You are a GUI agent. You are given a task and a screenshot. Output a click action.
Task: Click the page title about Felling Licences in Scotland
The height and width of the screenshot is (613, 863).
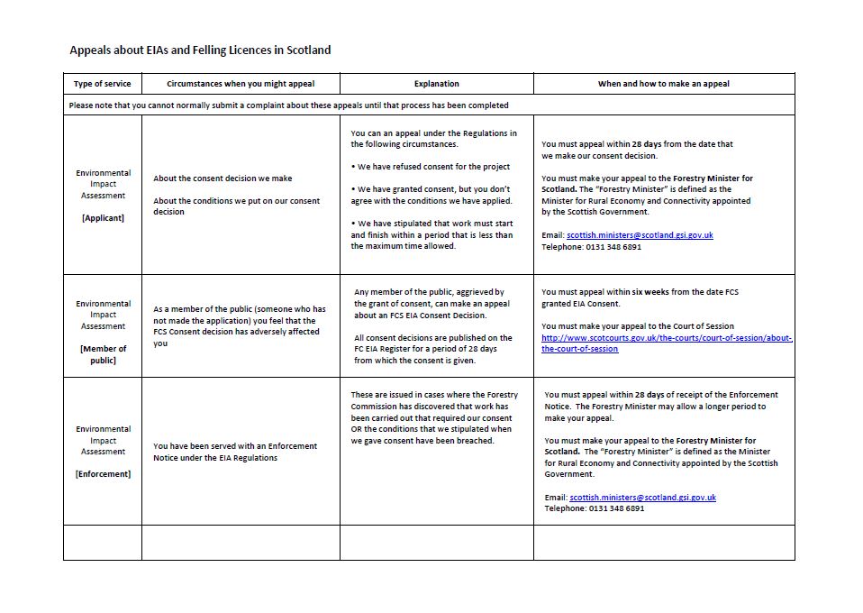tap(200, 50)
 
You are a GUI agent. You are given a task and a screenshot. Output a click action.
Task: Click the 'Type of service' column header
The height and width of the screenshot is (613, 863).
tap(102, 84)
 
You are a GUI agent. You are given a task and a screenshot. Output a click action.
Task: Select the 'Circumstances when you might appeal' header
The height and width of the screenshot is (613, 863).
tap(241, 84)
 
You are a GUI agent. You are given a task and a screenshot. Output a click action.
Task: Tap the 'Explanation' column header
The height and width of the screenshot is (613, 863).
tap(436, 84)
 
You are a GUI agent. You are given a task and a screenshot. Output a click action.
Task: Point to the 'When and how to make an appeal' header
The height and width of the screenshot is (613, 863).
tap(663, 84)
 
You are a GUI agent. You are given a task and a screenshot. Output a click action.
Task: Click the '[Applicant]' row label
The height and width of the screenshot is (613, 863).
tap(103, 218)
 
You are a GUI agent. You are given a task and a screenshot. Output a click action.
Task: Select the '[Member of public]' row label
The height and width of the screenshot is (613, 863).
tap(103, 354)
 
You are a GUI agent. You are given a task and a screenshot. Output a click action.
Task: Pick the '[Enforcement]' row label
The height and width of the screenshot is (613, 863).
tap(103, 474)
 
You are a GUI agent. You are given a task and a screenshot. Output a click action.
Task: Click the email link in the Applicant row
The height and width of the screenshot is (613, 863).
tap(640, 235)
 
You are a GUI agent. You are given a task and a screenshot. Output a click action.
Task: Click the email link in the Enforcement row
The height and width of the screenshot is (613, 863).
tap(642, 497)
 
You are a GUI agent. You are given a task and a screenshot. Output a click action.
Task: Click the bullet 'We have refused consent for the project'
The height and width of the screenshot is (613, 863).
tap(433, 167)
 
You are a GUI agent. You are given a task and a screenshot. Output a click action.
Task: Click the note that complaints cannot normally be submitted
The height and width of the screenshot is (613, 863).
tap(288, 105)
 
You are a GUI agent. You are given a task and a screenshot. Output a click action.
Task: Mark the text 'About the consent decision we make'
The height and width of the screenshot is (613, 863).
tap(223, 178)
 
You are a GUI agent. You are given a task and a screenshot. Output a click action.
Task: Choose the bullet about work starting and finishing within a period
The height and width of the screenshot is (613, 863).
tap(431, 234)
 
